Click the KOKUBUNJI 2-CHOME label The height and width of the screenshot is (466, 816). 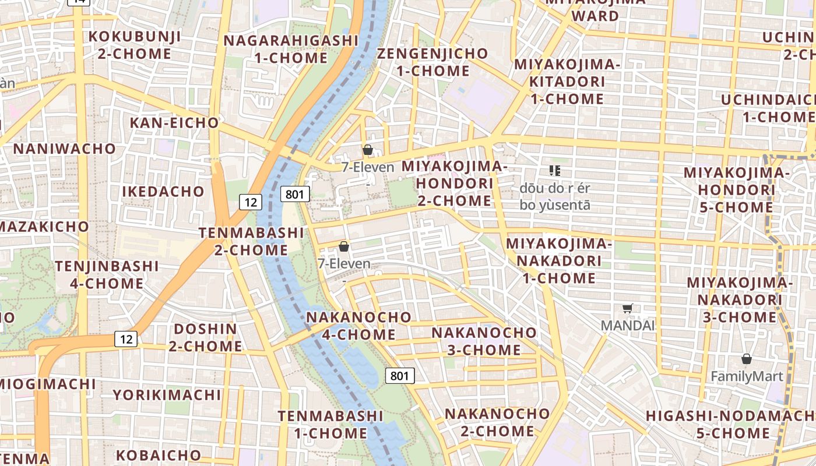tap(135, 45)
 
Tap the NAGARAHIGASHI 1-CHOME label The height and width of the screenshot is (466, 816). tap(291, 50)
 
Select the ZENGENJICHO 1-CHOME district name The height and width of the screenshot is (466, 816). tap(432, 62)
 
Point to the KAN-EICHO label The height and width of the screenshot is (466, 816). tap(174, 123)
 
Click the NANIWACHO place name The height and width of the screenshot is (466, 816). tap(65, 149)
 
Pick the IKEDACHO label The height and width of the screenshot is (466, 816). tap(163, 192)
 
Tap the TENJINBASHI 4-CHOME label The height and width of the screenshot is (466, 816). tap(107, 275)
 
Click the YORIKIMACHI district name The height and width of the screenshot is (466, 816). tap(167, 395)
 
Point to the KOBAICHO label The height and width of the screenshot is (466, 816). tap(159, 455)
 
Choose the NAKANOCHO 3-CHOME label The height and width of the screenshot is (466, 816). tap(484, 341)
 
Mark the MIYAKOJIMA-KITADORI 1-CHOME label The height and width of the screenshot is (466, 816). tap(567, 82)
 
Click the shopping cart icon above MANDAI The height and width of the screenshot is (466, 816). tap(627, 309)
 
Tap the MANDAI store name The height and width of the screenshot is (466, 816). tap(628, 325)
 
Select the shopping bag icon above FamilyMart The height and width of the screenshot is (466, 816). tap(747, 359)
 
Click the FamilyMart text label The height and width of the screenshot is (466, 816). tap(747, 376)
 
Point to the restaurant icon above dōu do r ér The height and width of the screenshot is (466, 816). tap(554, 171)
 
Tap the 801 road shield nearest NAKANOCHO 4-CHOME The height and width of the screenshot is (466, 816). tap(400, 376)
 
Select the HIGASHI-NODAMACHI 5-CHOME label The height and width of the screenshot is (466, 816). tap(731, 425)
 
